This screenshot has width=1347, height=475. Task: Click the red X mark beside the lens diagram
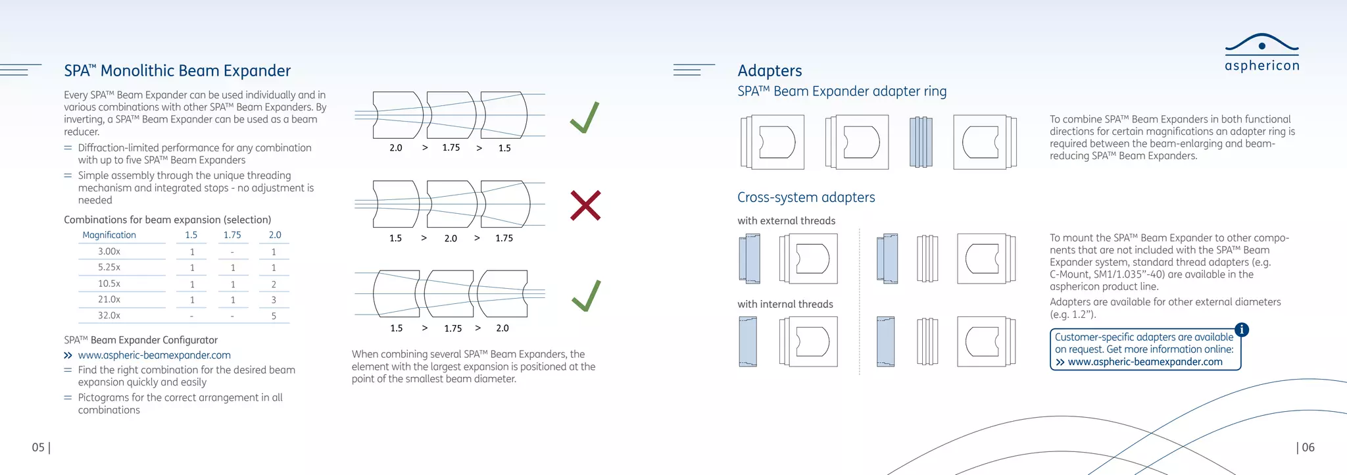(585, 205)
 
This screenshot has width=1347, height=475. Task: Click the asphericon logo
(1261, 53)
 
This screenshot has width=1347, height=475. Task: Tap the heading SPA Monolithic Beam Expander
(177, 71)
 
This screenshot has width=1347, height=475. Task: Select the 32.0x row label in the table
(109, 316)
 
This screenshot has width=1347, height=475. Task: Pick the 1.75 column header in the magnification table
(232, 235)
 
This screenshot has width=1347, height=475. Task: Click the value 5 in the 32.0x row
(274, 316)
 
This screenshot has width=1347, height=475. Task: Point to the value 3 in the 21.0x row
(274, 300)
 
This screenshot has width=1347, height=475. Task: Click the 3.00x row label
(109, 251)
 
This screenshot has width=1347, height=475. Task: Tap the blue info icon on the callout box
(1241, 330)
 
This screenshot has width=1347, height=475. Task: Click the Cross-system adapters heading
(806, 197)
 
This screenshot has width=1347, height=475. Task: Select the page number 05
(39, 447)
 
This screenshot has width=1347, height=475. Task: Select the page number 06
(1308, 447)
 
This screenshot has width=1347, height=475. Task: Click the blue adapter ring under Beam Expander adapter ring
(921, 141)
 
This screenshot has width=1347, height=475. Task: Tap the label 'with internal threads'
(785, 304)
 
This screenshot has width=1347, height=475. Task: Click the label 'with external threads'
(786, 221)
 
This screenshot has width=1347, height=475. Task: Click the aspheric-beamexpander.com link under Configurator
(154, 355)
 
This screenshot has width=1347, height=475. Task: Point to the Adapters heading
(770, 70)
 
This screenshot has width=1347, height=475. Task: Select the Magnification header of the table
(109, 235)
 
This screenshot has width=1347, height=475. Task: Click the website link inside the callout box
(1144, 362)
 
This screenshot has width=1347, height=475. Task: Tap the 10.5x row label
(109, 284)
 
